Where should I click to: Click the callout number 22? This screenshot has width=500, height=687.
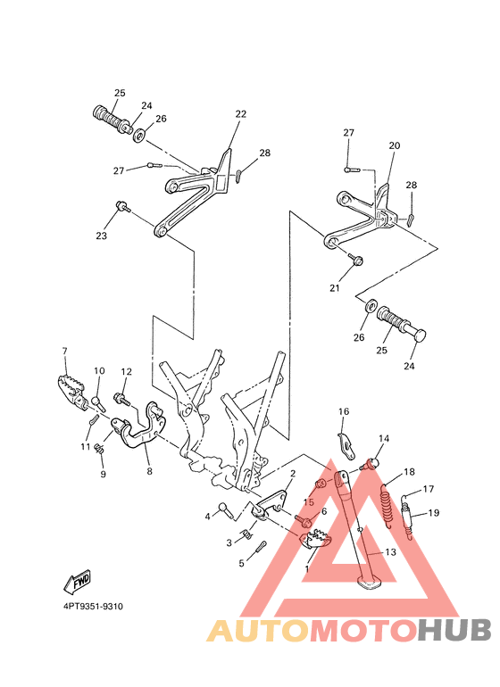240,114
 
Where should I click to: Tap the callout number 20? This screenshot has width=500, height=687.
394,145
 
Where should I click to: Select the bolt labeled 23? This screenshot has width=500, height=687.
119,208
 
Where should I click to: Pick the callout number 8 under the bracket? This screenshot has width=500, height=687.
149,471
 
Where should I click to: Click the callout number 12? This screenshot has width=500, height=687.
126,371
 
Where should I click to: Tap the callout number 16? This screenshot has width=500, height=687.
342,411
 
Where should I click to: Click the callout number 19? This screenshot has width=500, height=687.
434,513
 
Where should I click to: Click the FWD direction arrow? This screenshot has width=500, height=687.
77,583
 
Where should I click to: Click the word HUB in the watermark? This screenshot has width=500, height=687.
453,630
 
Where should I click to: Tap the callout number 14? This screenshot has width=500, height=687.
384,439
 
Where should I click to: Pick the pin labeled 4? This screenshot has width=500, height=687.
225,511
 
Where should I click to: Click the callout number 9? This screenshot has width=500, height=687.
102,474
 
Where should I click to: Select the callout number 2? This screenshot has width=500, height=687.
292,474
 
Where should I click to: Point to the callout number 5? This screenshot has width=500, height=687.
241,563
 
